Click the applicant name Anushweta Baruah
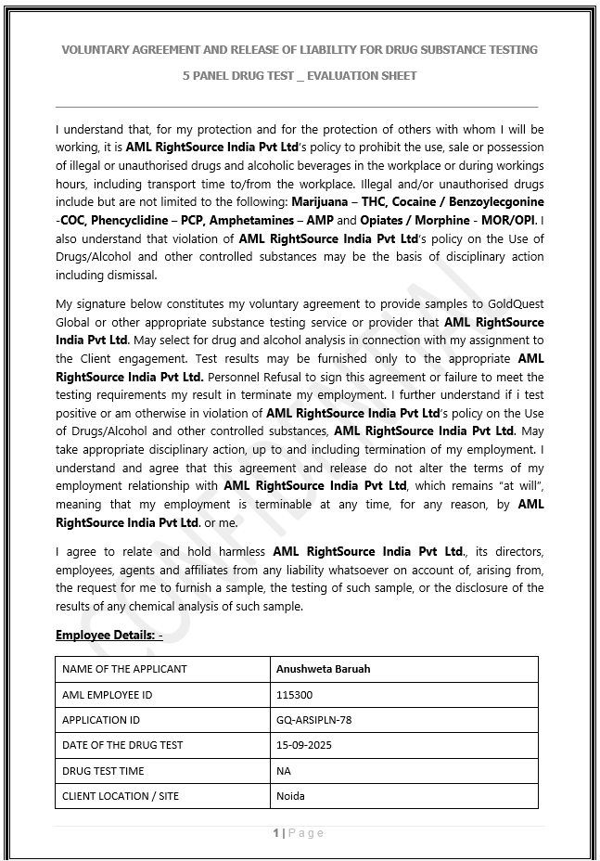pos(323,669)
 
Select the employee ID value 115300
pos(294,694)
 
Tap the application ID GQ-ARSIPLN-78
pos(313,719)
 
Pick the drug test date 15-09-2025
pos(303,745)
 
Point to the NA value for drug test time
pos(284,770)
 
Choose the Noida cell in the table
pos(290,796)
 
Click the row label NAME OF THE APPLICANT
pos(124,669)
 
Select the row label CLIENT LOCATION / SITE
pos(120,796)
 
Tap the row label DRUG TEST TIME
pos(103,770)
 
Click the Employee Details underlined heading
pos(109,636)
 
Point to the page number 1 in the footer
pos(276,833)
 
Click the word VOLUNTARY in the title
pos(98,50)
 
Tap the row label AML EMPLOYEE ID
pos(107,694)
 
